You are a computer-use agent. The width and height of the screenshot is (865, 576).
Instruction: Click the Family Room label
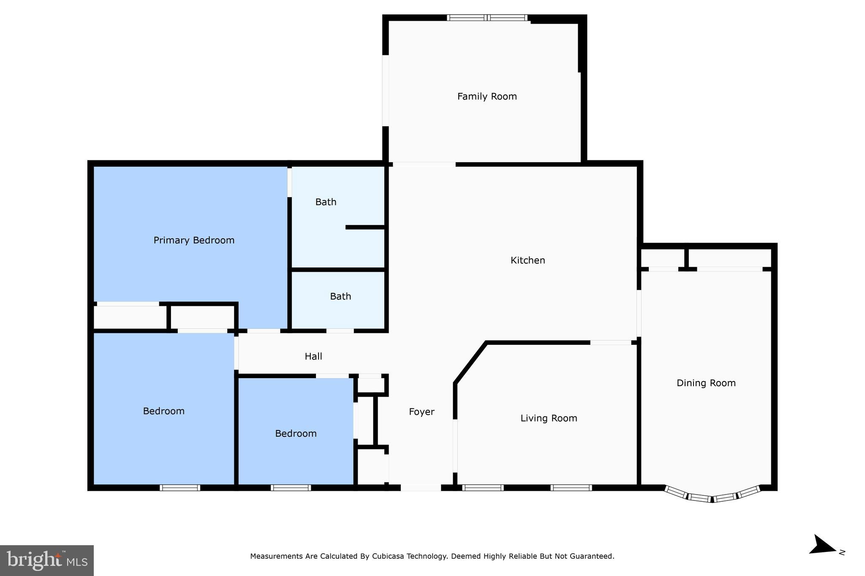pos(487,97)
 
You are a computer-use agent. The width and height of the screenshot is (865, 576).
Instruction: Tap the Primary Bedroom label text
pos(194,241)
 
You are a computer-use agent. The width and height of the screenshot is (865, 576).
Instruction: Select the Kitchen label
pos(528,260)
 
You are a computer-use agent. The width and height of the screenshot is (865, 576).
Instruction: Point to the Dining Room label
pos(706,383)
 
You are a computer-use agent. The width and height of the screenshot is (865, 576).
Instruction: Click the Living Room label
pos(549,418)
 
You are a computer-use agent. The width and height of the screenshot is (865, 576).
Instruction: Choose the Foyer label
pos(422,412)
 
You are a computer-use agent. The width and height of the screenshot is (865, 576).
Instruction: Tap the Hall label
pos(313,357)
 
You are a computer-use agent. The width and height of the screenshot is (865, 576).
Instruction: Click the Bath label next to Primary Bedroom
pos(326,202)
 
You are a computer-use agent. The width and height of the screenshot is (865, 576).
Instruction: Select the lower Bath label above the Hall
pos(340,297)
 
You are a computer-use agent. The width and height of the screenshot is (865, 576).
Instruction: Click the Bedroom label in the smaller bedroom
pos(296,434)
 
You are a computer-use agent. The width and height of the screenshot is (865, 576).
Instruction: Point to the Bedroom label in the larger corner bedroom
pos(163,411)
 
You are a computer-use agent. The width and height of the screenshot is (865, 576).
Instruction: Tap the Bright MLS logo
pos(47,560)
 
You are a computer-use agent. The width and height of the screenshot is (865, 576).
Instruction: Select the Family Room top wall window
pos(487,18)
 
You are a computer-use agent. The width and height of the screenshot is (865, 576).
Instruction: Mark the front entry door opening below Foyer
pos(421,488)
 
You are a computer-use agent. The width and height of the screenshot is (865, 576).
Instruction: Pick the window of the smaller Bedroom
pos(291,488)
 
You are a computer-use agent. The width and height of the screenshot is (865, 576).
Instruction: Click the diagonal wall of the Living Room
pos(470,363)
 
